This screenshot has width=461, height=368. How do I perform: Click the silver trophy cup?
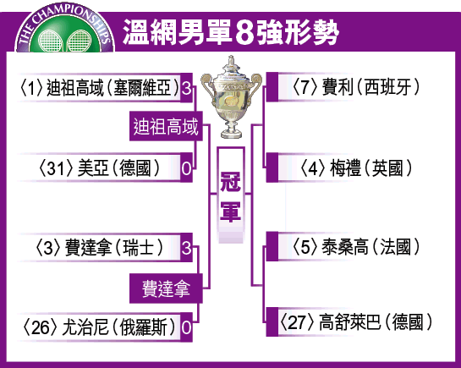point(232,97)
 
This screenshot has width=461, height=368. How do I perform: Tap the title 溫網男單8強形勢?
point(231,32)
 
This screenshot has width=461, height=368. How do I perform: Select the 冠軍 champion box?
point(231,195)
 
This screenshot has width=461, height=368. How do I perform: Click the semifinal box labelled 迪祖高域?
point(166,126)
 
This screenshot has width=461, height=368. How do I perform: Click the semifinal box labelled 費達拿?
point(166,288)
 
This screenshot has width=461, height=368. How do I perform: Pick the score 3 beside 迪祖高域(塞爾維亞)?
point(186,88)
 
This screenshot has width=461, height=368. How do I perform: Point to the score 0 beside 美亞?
point(186,168)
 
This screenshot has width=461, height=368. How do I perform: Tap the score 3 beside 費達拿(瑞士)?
point(186,248)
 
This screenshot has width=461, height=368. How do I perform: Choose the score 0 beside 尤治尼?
point(186,327)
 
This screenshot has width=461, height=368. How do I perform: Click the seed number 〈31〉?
point(56,168)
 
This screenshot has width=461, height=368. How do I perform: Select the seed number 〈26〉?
point(41,327)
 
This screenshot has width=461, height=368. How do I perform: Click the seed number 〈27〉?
point(297,322)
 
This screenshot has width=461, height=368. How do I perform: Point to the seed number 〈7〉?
point(305,87)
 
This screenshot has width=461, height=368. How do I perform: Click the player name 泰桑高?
point(345,247)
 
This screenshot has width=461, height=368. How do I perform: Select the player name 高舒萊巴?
point(350,322)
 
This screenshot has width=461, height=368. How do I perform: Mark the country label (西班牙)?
point(387,87)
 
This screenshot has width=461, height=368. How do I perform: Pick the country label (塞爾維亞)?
point(143,88)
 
